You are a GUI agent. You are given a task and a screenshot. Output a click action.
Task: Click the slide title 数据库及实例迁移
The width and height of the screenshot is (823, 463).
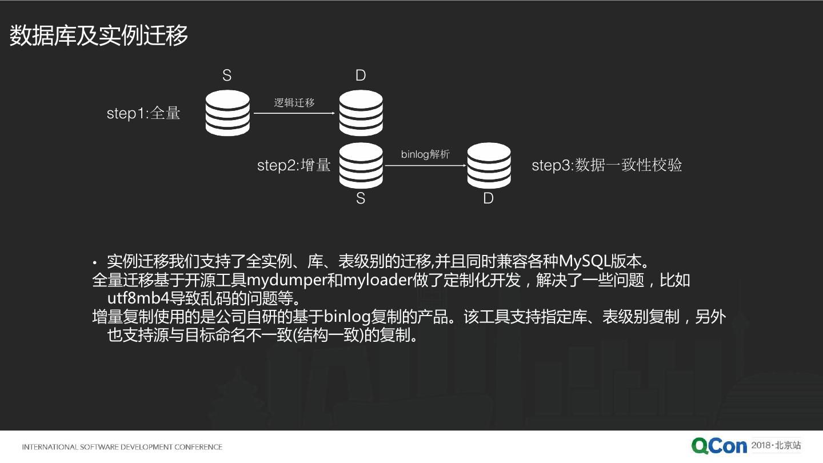pyautogui.click(x=99, y=36)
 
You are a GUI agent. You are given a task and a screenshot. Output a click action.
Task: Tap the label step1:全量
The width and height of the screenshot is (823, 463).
pyautogui.click(x=143, y=113)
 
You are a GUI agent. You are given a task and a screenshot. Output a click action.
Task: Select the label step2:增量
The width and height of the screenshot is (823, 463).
pyautogui.click(x=294, y=165)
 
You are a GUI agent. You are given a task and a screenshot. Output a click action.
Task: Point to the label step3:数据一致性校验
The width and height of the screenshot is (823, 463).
pyautogui.click(x=607, y=165)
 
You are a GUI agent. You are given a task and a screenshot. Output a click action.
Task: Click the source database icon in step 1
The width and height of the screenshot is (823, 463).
pyautogui.click(x=227, y=113)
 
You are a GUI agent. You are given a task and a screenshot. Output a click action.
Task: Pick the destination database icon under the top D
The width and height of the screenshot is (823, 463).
pyautogui.click(x=361, y=113)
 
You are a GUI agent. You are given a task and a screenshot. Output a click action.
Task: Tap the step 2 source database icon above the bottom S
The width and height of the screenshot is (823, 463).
pyautogui.click(x=361, y=165)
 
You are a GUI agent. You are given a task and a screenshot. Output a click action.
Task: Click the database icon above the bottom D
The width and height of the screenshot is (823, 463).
pyautogui.click(x=489, y=165)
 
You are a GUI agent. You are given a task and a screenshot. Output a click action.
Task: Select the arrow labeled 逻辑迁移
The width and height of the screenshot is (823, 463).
pyautogui.click(x=294, y=114)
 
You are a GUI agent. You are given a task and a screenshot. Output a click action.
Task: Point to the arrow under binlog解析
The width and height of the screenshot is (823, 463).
pyautogui.click(x=425, y=166)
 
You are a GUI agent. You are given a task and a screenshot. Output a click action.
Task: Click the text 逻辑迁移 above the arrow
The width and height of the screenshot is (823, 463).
pyautogui.click(x=294, y=102)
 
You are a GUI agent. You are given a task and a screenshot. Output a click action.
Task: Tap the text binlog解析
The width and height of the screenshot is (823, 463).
pyautogui.click(x=425, y=154)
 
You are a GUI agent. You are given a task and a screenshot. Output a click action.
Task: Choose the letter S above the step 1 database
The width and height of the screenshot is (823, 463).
pyautogui.click(x=227, y=75)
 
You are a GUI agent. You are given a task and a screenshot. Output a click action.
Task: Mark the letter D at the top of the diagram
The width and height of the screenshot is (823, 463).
pyautogui.click(x=361, y=75)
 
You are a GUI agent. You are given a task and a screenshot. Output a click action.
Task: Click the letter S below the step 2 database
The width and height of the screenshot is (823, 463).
pyautogui.click(x=361, y=198)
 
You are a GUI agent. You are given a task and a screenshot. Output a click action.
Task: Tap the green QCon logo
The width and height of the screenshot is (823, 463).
pyautogui.click(x=719, y=446)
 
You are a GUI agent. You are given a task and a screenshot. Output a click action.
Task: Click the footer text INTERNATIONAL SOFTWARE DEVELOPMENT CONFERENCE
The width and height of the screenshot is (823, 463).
pyautogui.click(x=122, y=447)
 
